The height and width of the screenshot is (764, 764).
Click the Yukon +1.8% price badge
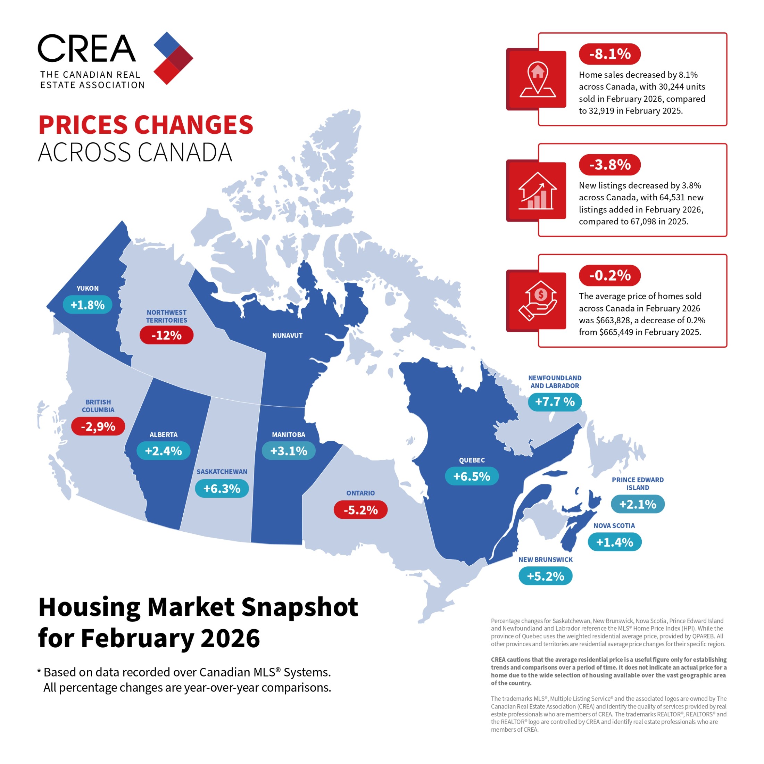(x=88, y=305)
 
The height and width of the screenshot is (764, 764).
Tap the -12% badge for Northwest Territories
(x=166, y=335)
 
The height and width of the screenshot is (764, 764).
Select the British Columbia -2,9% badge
(x=98, y=426)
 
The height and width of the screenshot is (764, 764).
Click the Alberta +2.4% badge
(x=163, y=451)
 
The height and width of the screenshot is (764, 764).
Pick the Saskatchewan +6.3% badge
(x=222, y=488)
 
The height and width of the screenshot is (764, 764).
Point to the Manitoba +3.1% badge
(x=289, y=451)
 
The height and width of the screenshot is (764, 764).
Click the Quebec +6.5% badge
(x=472, y=476)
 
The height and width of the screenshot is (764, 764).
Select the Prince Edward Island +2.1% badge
(x=638, y=504)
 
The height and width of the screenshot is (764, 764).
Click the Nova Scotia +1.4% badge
(x=615, y=542)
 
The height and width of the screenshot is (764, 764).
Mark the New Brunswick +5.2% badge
(x=545, y=576)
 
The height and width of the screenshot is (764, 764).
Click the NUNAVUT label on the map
(x=288, y=335)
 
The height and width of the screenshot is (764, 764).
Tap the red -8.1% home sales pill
(x=609, y=54)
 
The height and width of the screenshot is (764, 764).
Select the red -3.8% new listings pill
(x=609, y=165)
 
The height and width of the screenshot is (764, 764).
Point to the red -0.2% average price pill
(x=609, y=275)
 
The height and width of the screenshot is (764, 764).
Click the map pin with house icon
(x=538, y=79)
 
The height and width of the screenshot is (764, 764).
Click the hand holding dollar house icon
(x=538, y=300)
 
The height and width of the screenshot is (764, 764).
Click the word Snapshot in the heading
(x=299, y=607)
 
